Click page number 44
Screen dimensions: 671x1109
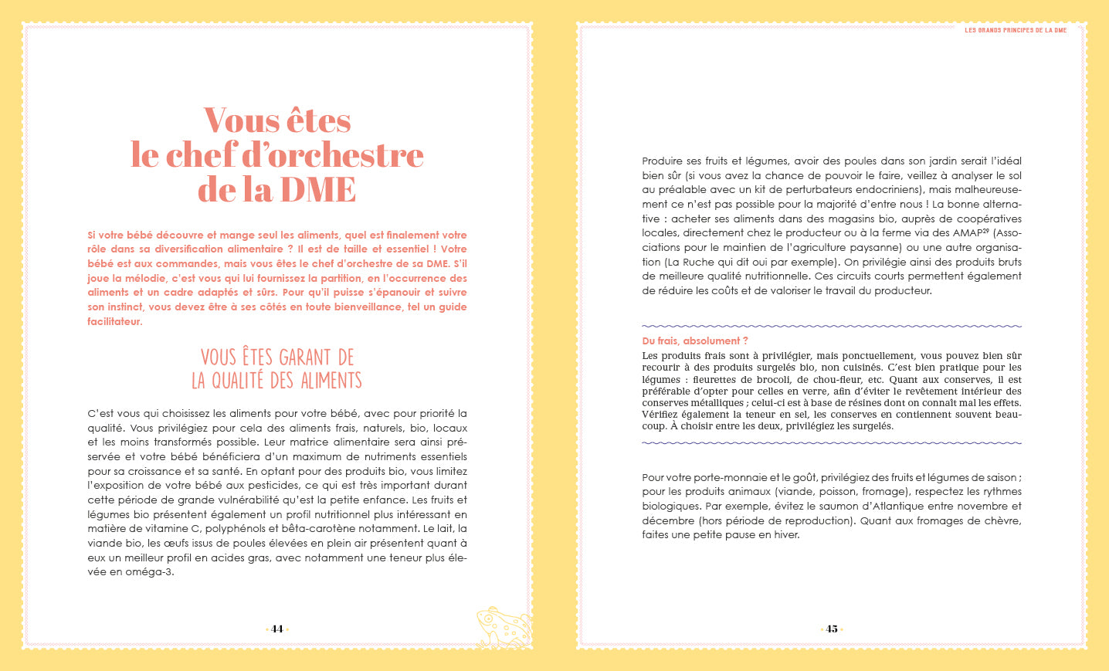pos(277,629)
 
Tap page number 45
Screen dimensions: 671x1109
pos(832,629)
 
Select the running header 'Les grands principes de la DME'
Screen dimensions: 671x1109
pos(1016,30)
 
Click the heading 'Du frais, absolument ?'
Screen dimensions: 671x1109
pos(695,341)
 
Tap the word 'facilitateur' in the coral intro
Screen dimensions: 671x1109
pos(114,321)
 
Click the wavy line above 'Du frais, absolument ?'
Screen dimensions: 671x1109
pos(832,326)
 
